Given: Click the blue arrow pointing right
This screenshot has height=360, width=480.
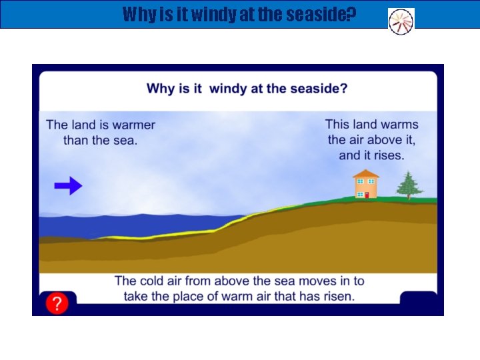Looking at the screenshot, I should tap(68, 186).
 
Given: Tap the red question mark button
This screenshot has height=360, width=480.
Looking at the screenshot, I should tap(57, 304).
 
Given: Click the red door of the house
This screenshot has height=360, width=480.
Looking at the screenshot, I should tap(366, 195).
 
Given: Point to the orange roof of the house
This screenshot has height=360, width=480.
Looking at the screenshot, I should tap(365, 174).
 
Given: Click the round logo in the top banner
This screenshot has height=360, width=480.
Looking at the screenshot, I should tap(401, 21).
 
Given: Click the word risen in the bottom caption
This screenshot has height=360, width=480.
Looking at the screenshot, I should tap(338, 296).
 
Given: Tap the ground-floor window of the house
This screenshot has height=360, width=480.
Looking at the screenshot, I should tap(359, 193).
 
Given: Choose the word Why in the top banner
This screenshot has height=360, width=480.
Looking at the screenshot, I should tap(140, 14).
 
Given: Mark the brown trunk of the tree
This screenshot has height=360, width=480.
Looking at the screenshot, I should tap(409, 197).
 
